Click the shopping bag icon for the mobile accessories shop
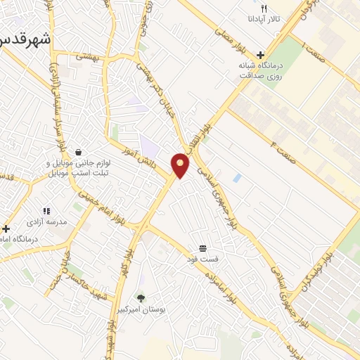pyautogui.click(x=78, y=152)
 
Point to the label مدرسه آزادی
pyautogui.click(x=47, y=221)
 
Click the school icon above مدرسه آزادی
pyautogui.click(x=47, y=210)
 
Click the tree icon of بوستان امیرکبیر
pyautogui.click(x=141, y=297)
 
